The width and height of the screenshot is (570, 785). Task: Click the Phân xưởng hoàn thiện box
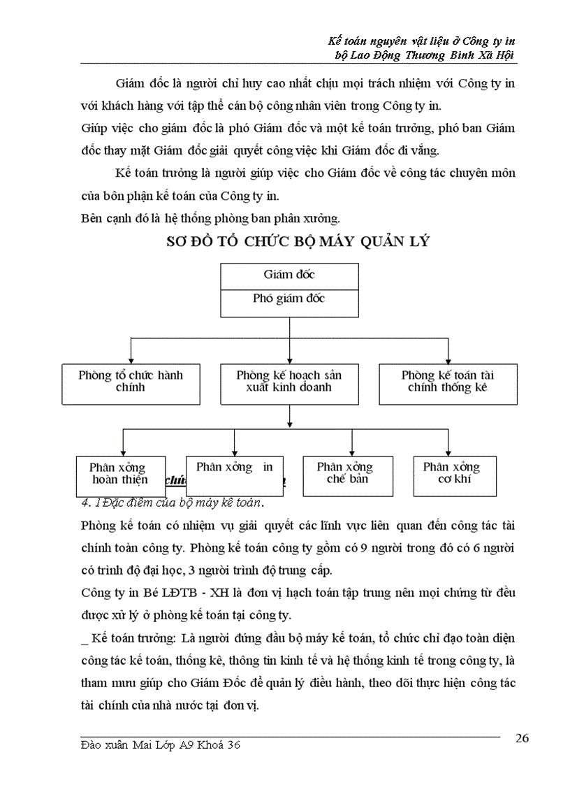click(x=120, y=475)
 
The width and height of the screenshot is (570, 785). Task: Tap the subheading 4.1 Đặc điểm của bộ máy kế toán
click(x=172, y=503)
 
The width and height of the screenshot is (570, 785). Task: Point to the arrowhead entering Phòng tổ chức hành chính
click(x=131, y=359)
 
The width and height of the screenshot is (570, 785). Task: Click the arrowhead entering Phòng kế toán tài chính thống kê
click(x=447, y=359)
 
